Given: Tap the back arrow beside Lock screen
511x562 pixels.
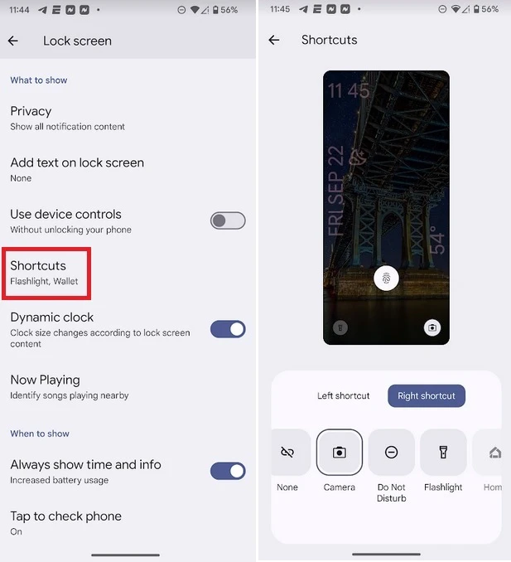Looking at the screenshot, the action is [x=13, y=41].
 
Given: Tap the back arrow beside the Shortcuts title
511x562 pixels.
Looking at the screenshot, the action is [x=274, y=40].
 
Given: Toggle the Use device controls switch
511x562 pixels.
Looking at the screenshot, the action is [x=228, y=220].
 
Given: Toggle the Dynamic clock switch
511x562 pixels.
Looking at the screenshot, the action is [x=228, y=329].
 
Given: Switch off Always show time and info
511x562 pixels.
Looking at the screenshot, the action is [x=228, y=471].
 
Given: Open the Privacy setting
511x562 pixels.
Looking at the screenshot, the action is [x=67, y=118].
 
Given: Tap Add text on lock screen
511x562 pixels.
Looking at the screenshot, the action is [x=77, y=169].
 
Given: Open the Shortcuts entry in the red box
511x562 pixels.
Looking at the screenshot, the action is [x=44, y=273].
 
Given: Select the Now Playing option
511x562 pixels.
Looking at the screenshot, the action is [x=69, y=387].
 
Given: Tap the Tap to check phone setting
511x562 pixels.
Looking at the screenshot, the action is [x=66, y=523].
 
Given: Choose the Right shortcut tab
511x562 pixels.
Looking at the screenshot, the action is [x=427, y=395].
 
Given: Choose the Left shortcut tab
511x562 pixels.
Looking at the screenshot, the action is [x=343, y=395].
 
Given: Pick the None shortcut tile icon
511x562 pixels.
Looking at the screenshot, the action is [x=287, y=453].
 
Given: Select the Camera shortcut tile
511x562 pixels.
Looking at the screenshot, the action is [x=339, y=453].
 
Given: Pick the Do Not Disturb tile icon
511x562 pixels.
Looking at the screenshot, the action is [x=392, y=453].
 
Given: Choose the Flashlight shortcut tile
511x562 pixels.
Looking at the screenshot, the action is [x=443, y=453].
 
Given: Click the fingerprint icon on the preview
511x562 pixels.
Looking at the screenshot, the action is [x=386, y=279].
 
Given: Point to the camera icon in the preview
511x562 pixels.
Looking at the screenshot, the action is [x=432, y=327].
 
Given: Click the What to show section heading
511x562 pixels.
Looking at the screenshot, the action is [x=39, y=80].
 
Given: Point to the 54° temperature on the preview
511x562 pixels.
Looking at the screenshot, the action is [x=437, y=240].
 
